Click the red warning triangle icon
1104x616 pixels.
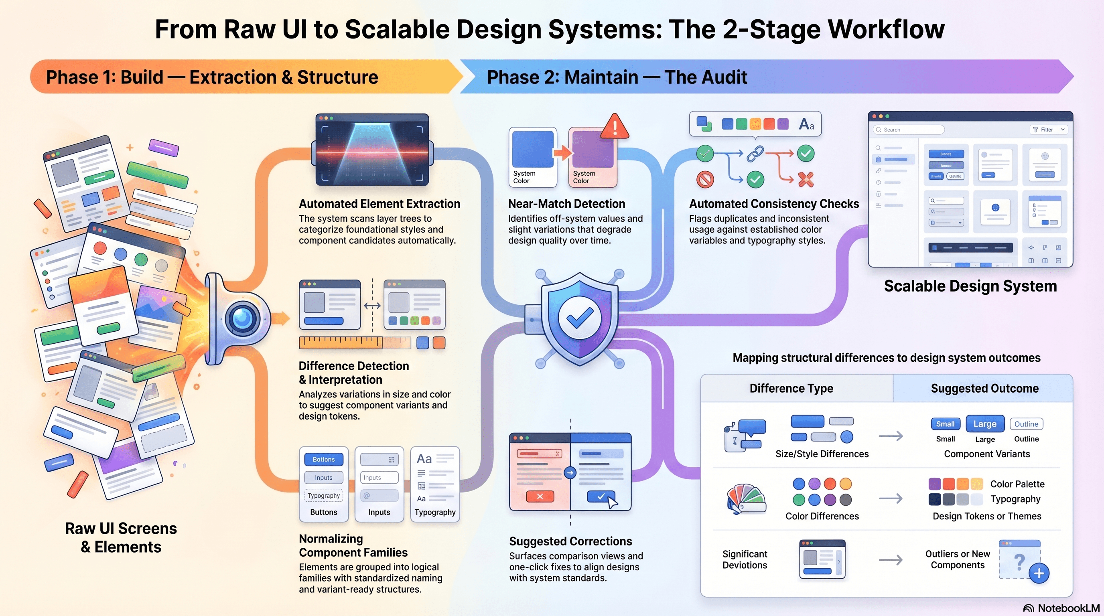pyautogui.click(x=615, y=127)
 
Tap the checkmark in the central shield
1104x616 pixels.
pyautogui.click(x=579, y=317)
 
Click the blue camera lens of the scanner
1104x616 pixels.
pyautogui.click(x=243, y=318)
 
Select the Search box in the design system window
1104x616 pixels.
pyautogui.click(x=909, y=130)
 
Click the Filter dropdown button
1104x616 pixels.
pyautogui.click(x=1048, y=130)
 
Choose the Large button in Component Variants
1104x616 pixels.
pyautogui.click(x=985, y=423)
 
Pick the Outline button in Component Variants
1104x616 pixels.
pyautogui.click(x=1026, y=423)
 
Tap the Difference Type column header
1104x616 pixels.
pyautogui.click(x=791, y=388)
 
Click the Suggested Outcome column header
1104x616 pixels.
pyautogui.click(x=984, y=388)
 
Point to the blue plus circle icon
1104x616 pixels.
pyautogui.click(x=1039, y=573)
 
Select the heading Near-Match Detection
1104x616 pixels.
pyautogui.click(x=566, y=204)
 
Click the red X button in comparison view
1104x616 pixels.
pyautogui.click(x=540, y=496)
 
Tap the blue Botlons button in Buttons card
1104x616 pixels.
pyautogui.click(x=324, y=459)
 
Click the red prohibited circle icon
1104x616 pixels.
pyautogui.click(x=705, y=180)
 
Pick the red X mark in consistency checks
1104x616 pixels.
pyautogui.click(x=806, y=180)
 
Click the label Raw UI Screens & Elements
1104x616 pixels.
pyautogui.click(x=121, y=538)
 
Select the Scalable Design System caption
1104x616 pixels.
pyautogui.click(x=970, y=286)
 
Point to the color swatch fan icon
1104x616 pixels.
pyautogui.click(x=746, y=499)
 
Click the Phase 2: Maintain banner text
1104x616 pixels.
pyautogui.click(x=617, y=77)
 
